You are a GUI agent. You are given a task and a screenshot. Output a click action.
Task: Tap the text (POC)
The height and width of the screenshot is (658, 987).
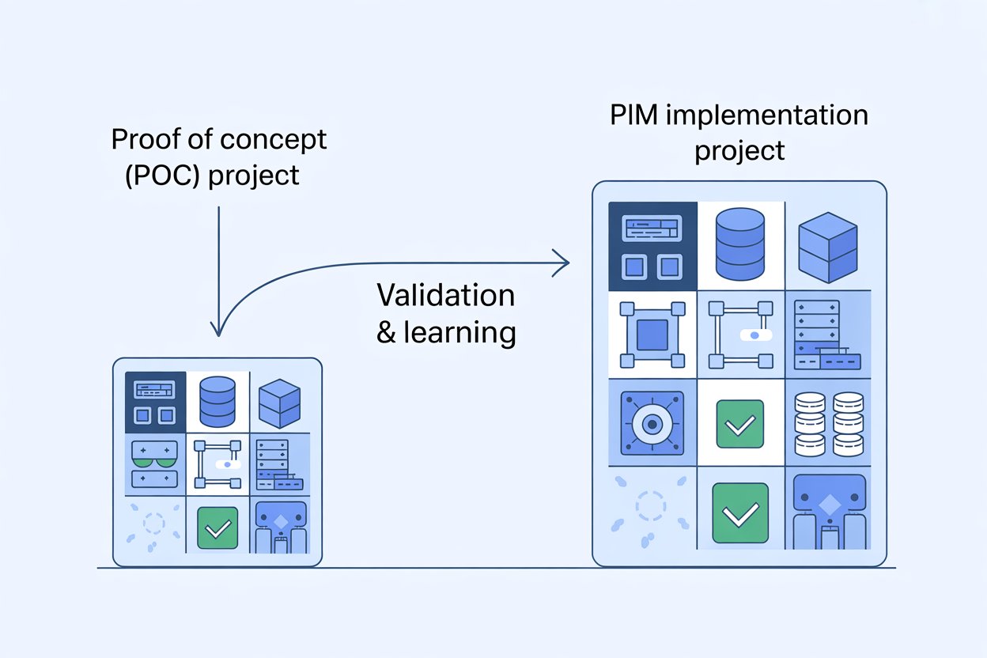(x=157, y=174)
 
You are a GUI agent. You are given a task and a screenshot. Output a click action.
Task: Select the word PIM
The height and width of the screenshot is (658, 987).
(x=635, y=115)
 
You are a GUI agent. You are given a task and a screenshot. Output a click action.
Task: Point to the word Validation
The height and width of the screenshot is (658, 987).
(x=445, y=296)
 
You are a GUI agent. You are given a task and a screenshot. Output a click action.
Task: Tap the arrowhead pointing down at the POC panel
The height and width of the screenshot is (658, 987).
(x=219, y=330)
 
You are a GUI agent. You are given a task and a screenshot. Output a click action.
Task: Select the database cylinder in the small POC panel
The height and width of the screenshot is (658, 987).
(x=217, y=400)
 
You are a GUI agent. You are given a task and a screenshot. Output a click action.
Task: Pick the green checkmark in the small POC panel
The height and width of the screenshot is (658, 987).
(x=217, y=528)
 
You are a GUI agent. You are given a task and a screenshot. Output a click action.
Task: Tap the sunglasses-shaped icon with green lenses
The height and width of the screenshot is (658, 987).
(x=156, y=463)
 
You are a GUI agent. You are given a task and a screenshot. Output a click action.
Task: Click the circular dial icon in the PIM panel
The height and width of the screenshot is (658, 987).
(x=652, y=423)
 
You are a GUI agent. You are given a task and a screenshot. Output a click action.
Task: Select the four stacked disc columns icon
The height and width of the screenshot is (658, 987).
(x=827, y=423)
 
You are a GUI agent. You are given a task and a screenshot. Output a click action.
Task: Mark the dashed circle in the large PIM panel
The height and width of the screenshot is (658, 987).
(x=652, y=507)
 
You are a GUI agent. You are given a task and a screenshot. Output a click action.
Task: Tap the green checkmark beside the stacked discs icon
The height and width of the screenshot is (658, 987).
(x=739, y=423)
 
